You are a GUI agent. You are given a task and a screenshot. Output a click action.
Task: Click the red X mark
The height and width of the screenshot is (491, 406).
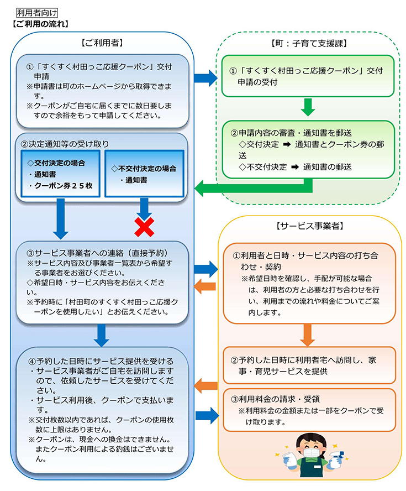click(144, 227)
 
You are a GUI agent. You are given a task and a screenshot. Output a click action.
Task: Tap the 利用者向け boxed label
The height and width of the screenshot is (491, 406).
click(37, 13)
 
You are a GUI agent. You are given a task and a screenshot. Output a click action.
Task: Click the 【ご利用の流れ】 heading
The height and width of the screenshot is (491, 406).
click(40, 24)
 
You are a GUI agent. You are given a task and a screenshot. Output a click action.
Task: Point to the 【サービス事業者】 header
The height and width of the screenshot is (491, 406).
click(310, 226)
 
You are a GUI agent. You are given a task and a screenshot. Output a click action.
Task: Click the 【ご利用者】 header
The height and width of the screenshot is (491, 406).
click(102, 43)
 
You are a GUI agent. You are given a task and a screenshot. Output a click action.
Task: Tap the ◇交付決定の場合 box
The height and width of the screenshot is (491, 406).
click(60, 174)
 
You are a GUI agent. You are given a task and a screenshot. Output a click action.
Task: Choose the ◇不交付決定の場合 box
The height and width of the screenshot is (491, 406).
click(144, 174)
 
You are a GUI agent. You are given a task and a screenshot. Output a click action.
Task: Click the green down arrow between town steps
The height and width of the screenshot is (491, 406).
click(308, 107)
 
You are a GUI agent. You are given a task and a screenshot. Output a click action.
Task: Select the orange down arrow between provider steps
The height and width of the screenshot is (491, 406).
click(307, 335)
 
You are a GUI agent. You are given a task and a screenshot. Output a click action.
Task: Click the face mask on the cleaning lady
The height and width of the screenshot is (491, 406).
click(311, 453)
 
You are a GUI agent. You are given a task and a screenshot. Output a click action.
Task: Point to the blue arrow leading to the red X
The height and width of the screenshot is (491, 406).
click(144, 209)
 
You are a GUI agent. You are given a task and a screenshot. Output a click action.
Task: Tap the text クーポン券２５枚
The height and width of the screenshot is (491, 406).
click(64, 186)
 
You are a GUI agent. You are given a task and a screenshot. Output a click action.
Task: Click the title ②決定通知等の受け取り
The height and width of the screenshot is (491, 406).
click(65, 144)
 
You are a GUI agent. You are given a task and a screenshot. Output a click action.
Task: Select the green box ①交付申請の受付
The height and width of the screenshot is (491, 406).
click(308, 76)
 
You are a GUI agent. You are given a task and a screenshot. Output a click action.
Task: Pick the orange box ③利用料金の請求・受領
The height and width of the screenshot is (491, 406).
click(309, 410)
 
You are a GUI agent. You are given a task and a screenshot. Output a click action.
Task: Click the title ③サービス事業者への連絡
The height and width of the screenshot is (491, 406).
click(99, 253)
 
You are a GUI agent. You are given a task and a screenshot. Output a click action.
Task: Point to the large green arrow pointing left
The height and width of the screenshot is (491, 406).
click(254, 188)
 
